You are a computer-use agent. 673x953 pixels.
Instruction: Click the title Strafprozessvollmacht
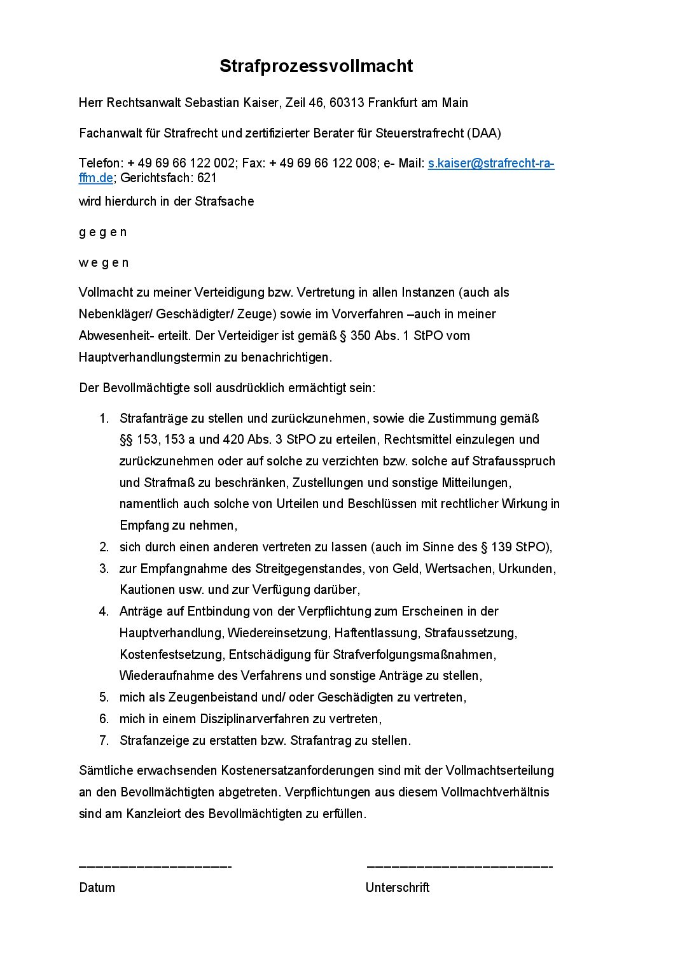(316, 66)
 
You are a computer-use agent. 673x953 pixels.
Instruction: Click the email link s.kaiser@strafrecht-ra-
(490, 164)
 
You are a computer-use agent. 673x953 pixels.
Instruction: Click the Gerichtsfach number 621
(207, 178)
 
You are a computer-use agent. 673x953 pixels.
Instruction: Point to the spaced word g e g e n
(103, 232)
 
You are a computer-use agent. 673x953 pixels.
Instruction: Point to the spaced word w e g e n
(104, 263)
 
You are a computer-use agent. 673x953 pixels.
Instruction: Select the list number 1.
(104, 419)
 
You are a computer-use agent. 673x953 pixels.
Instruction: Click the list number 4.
(104, 612)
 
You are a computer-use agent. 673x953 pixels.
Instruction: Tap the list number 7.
(104, 740)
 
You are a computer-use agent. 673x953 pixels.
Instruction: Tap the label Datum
(97, 887)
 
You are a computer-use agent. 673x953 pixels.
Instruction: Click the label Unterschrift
(398, 887)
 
